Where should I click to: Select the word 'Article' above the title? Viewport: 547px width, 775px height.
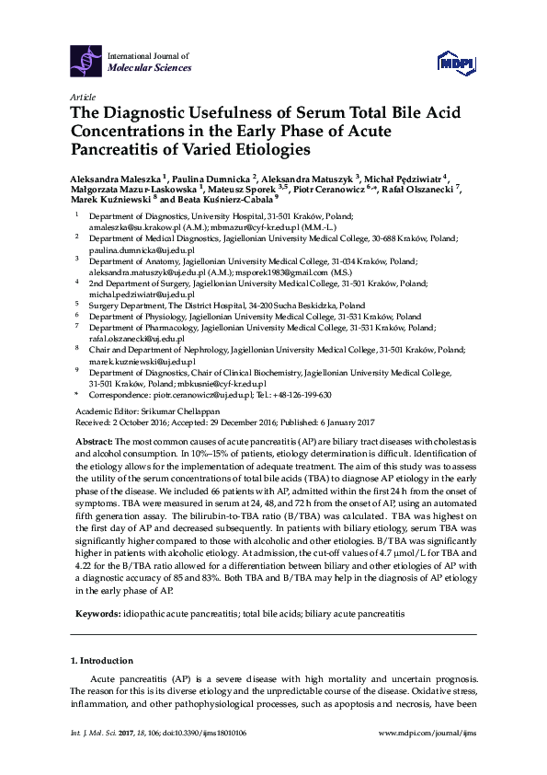(x=83, y=97)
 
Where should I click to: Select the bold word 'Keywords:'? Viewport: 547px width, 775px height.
(x=96, y=586)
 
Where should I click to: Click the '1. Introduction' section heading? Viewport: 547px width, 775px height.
(x=101, y=661)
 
